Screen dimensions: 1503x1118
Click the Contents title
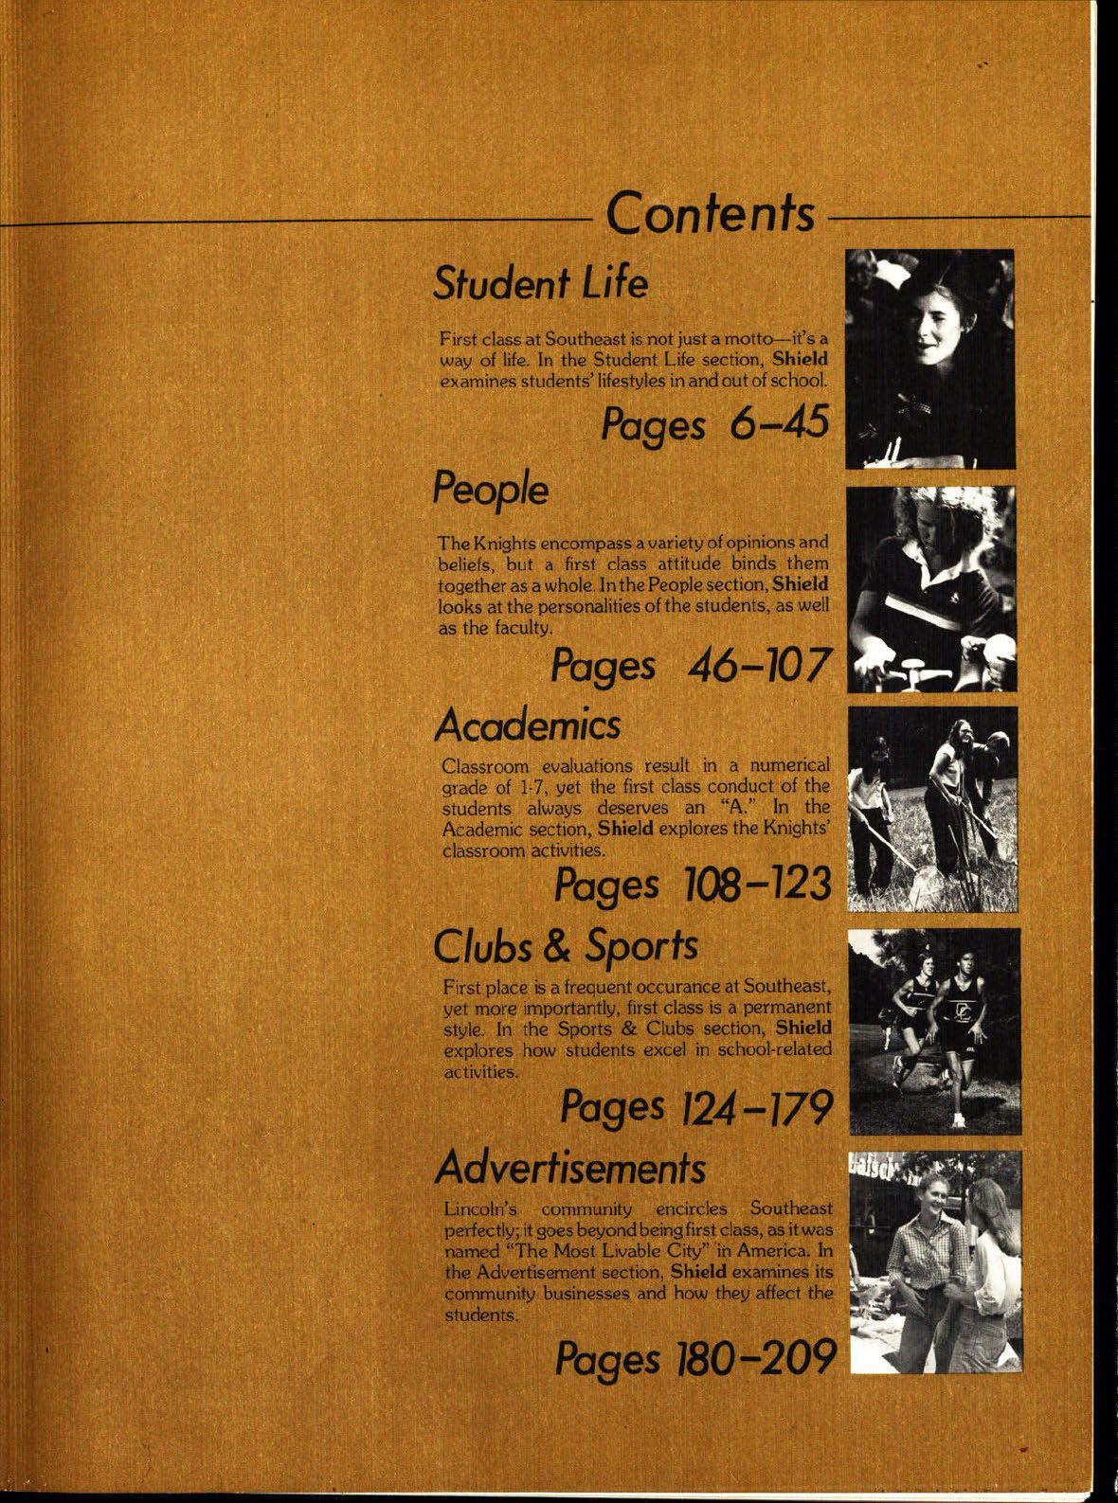click(x=711, y=215)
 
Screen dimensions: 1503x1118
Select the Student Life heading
click(x=540, y=283)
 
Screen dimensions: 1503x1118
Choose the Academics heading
click(x=527, y=726)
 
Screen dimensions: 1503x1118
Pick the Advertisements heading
click(x=569, y=1167)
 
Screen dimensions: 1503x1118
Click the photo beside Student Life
click(x=929, y=358)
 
